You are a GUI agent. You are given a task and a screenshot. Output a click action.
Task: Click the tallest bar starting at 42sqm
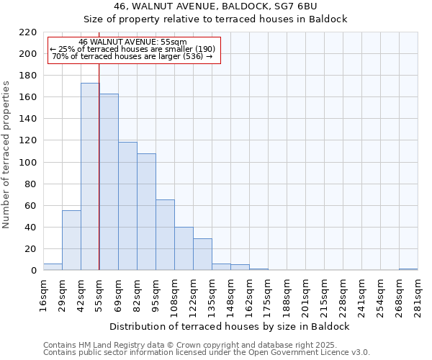tap(90, 176)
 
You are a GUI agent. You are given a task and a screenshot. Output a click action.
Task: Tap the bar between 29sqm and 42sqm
tap(71, 240)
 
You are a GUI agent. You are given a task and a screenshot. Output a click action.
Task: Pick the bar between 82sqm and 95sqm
tap(146, 212)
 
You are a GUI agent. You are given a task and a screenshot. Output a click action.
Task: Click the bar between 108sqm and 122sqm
tap(184, 248)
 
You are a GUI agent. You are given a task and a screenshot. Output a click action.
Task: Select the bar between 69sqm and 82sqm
tap(127, 206)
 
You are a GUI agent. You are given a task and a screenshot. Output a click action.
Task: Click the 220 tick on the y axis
tap(28, 32)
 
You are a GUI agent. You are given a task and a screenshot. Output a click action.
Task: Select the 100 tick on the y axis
tap(28, 162)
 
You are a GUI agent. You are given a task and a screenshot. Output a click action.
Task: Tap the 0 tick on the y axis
tap(34, 271)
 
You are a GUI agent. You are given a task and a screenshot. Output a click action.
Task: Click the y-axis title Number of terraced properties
tap(6, 155)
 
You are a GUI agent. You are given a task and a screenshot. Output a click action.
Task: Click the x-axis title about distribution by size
tap(230, 326)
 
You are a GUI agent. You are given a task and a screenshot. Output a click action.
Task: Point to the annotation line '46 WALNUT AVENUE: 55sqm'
tap(132, 42)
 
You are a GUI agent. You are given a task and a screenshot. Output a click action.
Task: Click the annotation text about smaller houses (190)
tap(132, 49)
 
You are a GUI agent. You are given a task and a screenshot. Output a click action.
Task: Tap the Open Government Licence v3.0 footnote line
tap(207, 352)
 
